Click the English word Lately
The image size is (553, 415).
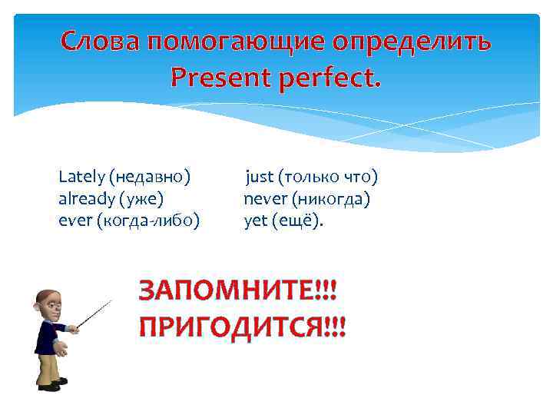pos(81,178)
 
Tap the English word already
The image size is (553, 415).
pos(85,200)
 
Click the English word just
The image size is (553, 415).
pos(260,178)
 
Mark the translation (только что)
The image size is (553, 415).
pos(328,178)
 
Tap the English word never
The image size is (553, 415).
pos(263,200)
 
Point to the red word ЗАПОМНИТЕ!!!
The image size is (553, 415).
pos(237,293)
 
